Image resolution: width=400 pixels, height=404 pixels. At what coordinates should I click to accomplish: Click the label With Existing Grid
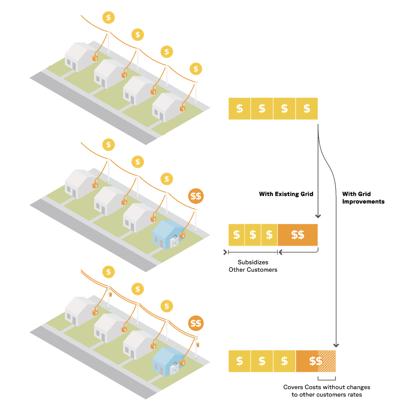click(x=286, y=194)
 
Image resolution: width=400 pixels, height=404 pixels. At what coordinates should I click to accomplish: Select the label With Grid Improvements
click(x=363, y=198)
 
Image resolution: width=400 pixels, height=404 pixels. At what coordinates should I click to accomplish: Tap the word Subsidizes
click(x=253, y=262)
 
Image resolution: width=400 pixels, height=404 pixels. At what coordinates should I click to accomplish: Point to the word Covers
click(x=294, y=387)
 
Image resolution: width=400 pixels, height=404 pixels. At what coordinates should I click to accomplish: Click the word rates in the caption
click(x=355, y=395)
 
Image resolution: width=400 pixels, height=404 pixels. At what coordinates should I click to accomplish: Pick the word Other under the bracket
click(x=238, y=270)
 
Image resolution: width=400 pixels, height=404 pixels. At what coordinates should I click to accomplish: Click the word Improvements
click(x=363, y=202)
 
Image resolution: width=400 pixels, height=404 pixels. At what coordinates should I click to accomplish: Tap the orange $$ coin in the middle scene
click(x=196, y=196)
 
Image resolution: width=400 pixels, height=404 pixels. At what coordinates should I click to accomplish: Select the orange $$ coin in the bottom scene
click(x=196, y=323)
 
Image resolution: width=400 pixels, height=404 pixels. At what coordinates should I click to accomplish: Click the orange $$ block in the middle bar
click(x=298, y=235)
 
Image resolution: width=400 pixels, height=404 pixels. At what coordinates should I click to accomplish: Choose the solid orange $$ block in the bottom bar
click(x=307, y=361)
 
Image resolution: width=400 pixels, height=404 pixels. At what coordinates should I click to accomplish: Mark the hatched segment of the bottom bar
click(x=327, y=361)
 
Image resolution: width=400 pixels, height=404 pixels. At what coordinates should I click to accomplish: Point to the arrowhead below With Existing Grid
click(x=318, y=216)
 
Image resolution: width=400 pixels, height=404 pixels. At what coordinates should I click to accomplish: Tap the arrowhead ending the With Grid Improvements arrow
click(x=336, y=345)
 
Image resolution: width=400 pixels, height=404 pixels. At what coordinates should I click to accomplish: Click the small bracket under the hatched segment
click(x=327, y=379)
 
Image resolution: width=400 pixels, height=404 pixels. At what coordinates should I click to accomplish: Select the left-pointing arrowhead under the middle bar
click(x=280, y=252)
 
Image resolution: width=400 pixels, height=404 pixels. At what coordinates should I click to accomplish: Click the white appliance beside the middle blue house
click(x=175, y=241)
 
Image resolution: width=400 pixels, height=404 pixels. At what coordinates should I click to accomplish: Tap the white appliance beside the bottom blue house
click(x=175, y=368)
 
